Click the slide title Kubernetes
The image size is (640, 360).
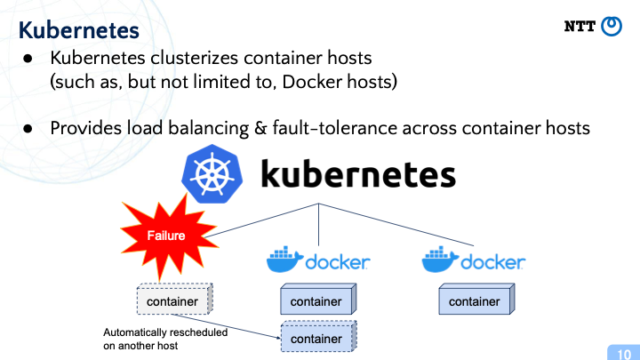[79, 30]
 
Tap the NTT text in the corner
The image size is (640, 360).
[580, 27]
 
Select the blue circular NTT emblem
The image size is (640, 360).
[612, 27]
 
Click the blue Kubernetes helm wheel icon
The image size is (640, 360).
[212, 174]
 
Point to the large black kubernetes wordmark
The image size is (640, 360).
[358, 174]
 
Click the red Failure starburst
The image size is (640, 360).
[168, 236]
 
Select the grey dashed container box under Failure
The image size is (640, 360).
[175, 300]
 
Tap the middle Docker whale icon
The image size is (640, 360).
[284, 260]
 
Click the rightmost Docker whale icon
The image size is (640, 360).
[440, 260]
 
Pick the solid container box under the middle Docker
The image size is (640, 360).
[318, 300]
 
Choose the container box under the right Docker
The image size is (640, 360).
[476, 300]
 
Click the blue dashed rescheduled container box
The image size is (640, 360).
[319, 336]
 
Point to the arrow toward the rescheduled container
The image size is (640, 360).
[226, 326]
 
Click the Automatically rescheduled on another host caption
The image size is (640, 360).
[165, 339]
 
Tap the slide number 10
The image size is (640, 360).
[624, 354]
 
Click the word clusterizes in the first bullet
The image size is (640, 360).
[195, 58]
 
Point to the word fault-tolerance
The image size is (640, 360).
[335, 128]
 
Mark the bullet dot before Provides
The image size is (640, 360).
[28, 129]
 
